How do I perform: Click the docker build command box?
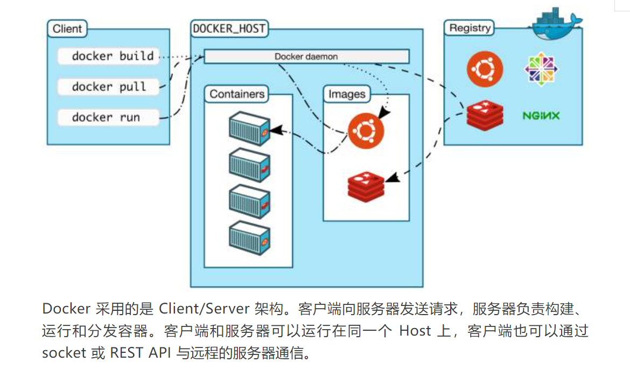pyautogui.click(x=109, y=56)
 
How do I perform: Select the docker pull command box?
pyautogui.click(x=109, y=87)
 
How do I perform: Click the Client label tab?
pyautogui.click(x=67, y=29)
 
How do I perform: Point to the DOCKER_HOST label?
pyautogui.click(x=229, y=29)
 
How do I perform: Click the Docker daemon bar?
pyautogui.click(x=306, y=57)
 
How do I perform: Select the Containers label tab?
pyautogui.click(x=237, y=94)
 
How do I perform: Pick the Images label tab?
pyautogui.click(x=347, y=94)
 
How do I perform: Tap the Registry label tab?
pyautogui.click(x=470, y=29)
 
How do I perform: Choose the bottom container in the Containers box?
pyautogui.click(x=249, y=242)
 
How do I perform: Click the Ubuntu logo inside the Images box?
pyautogui.click(x=366, y=131)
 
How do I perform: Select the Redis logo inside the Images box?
pyautogui.click(x=366, y=185)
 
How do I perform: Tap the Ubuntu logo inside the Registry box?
pyautogui.click(x=485, y=68)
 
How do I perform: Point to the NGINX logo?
pyautogui.click(x=541, y=115)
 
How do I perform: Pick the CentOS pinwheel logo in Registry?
pyautogui.click(x=541, y=69)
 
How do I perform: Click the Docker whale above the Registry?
pyautogui.click(x=555, y=24)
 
